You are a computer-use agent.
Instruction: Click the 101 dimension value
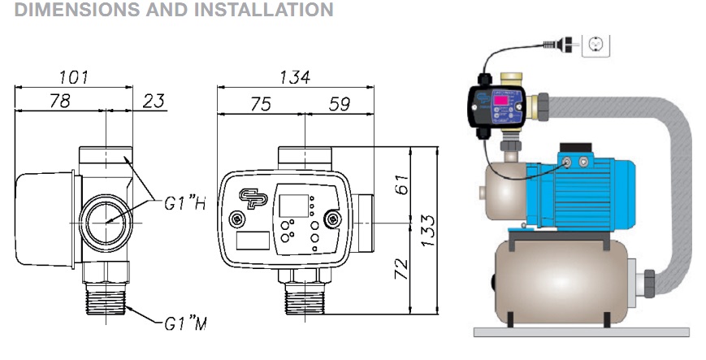(x=74, y=77)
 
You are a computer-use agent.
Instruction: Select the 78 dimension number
(x=60, y=101)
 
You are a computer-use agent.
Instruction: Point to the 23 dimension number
(x=154, y=102)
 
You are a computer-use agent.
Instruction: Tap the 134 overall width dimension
(x=295, y=77)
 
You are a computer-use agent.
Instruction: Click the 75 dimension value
(x=261, y=104)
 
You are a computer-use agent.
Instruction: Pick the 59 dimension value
(x=340, y=104)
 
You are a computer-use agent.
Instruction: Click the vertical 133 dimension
(x=428, y=230)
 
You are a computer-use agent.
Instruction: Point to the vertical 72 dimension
(x=401, y=268)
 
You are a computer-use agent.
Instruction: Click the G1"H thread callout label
(x=184, y=204)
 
